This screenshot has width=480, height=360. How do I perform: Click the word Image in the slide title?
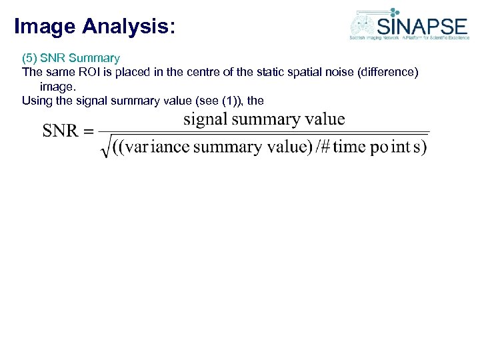(x=44, y=27)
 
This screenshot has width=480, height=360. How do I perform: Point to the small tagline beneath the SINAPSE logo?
(x=409, y=38)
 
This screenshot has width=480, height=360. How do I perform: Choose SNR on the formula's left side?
(x=61, y=130)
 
